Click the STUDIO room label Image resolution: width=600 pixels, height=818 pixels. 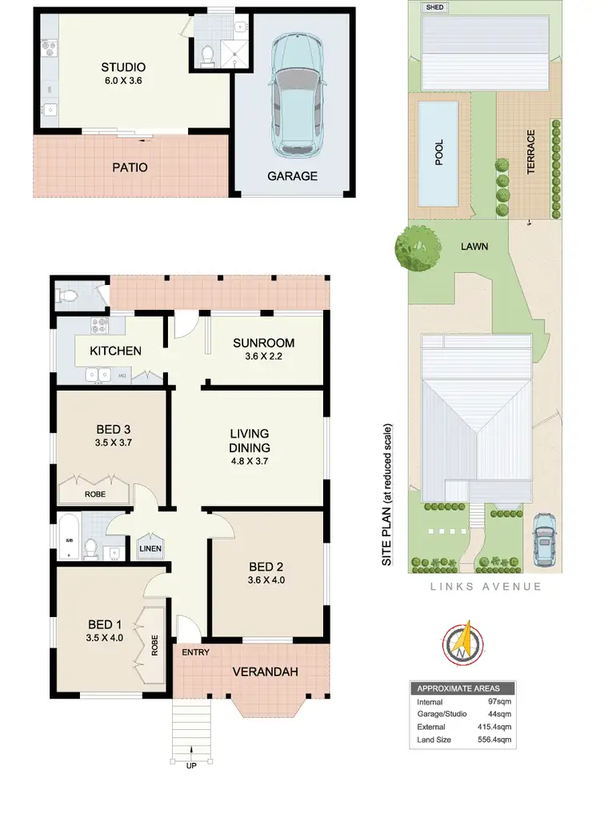[x=123, y=67]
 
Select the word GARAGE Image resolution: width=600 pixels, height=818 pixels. [x=292, y=176]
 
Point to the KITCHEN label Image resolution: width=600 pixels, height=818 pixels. [x=115, y=351]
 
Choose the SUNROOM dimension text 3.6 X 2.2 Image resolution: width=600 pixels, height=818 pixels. [x=264, y=358]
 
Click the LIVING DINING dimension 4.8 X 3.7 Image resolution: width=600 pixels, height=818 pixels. [x=250, y=462]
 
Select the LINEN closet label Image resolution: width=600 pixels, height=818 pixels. [x=150, y=548]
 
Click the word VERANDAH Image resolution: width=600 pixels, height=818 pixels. [x=266, y=672]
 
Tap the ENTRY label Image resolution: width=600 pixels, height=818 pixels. [x=195, y=652]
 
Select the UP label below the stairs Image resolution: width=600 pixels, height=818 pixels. [x=191, y=764]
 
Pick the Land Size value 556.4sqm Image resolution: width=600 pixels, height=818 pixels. [x=494, y=739]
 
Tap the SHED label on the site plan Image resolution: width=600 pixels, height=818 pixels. [x=435, y=7]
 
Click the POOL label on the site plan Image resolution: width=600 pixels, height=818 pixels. [x=438, y=153]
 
